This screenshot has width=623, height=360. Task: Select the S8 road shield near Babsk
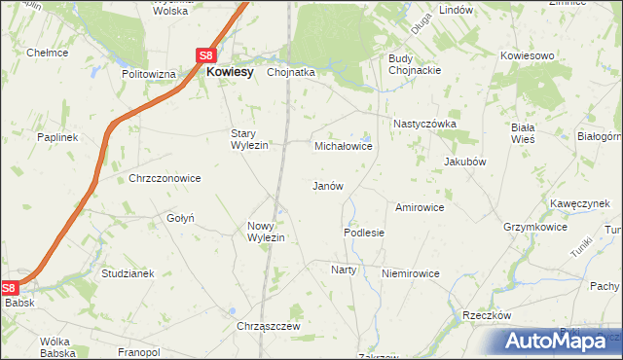(x=9, y=288)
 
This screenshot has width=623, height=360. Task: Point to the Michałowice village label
(x=343, y=146)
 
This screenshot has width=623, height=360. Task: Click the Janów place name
(x=326, y=186)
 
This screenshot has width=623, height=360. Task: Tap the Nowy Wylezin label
(x=265, y=232)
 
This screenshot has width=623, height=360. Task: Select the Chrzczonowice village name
(x=165, y=178)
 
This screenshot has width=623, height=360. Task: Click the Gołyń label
(x=182, y=218)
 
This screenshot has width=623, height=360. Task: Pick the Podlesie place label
(x=364, y=234)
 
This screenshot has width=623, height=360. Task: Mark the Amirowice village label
(x=420, y=207)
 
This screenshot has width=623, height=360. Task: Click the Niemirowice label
(x=411, y=273)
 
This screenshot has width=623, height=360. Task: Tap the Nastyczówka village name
(x=424, y=124)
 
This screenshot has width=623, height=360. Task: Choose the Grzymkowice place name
(x=534, y=227)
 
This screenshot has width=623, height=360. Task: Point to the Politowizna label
(x=148, y=74)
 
